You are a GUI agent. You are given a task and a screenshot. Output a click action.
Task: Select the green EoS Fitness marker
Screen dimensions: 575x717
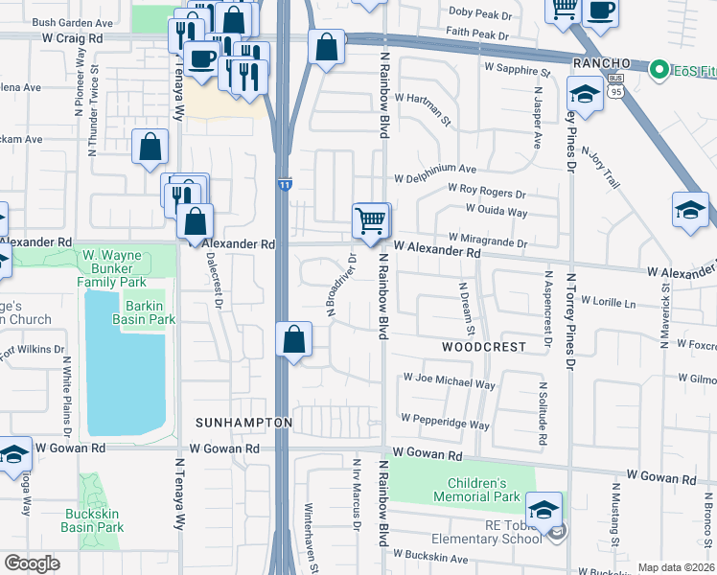(x=659, y=69)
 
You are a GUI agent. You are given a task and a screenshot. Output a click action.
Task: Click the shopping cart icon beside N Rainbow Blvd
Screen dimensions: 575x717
(x=370, y=220)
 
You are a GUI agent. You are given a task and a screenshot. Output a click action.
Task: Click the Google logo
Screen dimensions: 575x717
(x=31, y=563)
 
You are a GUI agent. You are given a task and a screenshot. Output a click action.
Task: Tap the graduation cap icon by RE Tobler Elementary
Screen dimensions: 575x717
(x=544, y=509)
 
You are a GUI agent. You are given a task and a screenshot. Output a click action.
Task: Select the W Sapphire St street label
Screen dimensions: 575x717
(x=518, y=69)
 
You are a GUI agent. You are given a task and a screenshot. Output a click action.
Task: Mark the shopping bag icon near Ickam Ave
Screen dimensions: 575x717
(x=150, y=148)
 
